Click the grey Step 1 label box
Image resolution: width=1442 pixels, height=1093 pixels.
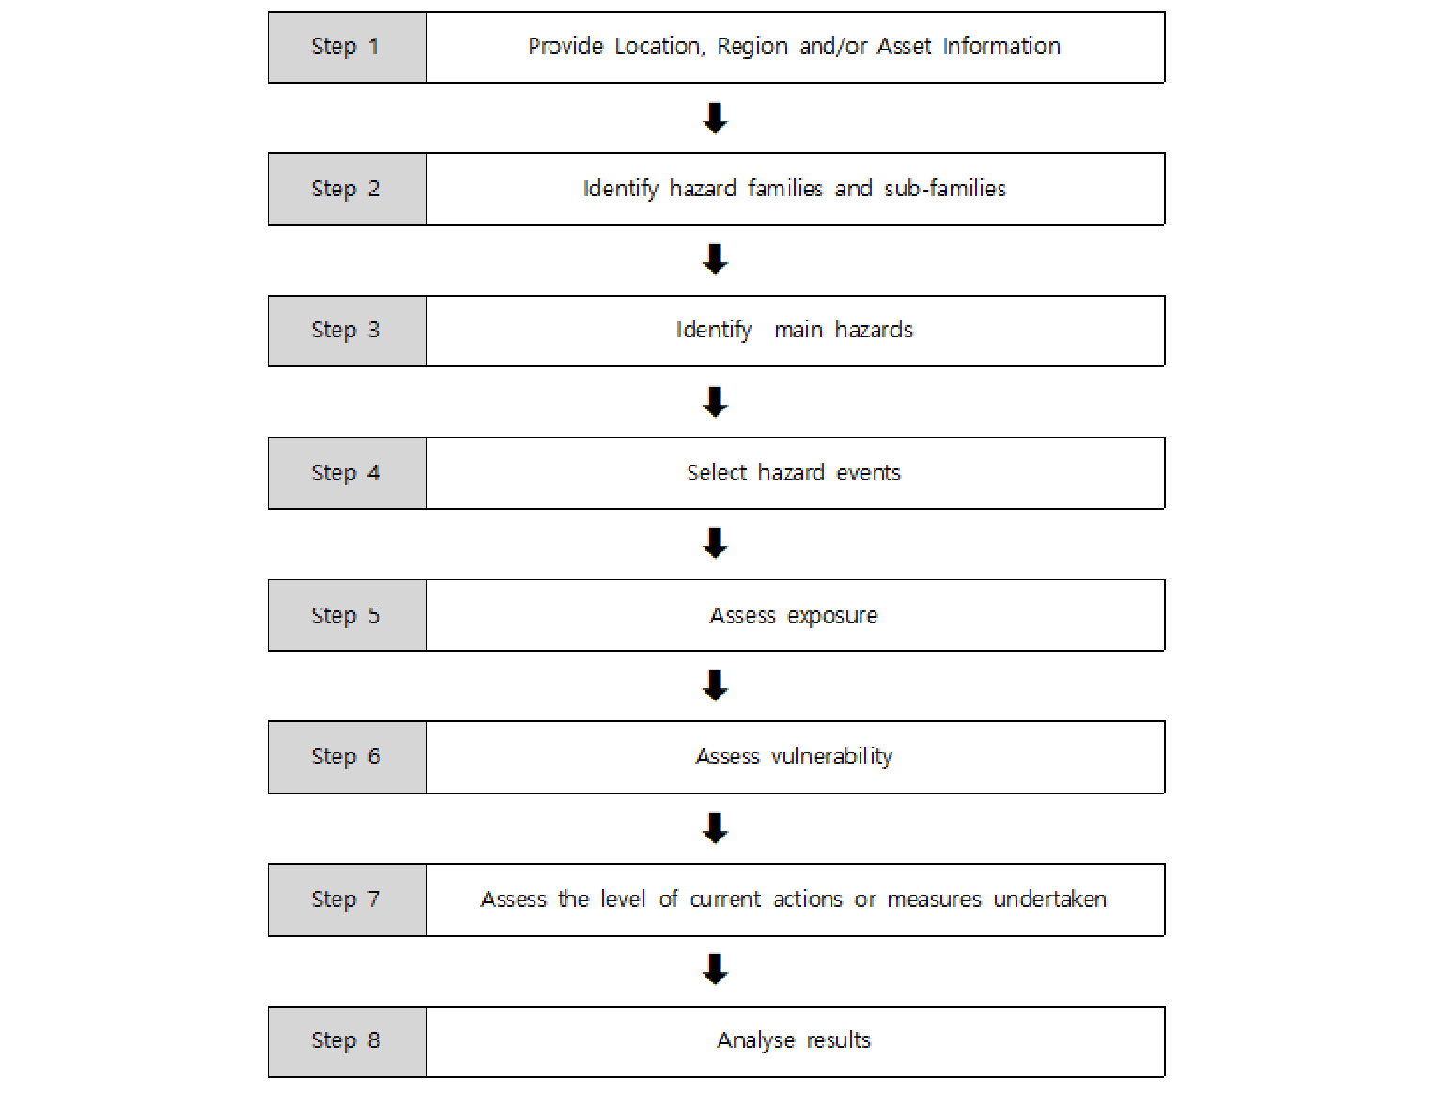tap(347, 47)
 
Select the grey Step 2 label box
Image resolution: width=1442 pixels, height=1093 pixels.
tap(347, 189)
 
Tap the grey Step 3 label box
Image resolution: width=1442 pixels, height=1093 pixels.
tap(347, 331)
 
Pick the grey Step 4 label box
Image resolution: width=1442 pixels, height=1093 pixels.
tap(347, 472)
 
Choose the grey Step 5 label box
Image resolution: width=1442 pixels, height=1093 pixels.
tap(347, 615)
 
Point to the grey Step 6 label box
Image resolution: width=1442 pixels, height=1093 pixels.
tap(347, 757)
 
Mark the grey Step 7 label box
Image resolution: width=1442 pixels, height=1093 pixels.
tap(347, 900)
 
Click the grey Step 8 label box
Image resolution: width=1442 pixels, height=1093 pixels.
tap(347, 1041)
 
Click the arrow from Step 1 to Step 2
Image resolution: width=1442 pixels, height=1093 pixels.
tap(715, 118)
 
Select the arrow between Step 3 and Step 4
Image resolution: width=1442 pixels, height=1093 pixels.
tap(715, 402)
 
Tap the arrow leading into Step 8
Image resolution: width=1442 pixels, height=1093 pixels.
tap(715, 970)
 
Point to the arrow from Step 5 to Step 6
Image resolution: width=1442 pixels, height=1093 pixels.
tap(715, 685)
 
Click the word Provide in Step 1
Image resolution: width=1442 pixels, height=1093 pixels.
tap(565, 46)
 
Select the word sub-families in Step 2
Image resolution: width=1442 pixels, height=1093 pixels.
tap(945, 189)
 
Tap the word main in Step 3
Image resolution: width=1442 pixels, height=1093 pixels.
tap(799, 330)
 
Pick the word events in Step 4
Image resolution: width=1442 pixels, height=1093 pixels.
tap(868, 472)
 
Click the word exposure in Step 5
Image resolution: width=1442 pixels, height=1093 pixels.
tap(832, 616)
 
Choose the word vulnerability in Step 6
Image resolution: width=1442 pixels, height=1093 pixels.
tap(831, 757)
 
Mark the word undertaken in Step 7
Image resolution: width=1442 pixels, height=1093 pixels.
tap(1049, 899)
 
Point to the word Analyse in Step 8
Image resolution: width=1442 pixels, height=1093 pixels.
tap(755, 1041)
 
